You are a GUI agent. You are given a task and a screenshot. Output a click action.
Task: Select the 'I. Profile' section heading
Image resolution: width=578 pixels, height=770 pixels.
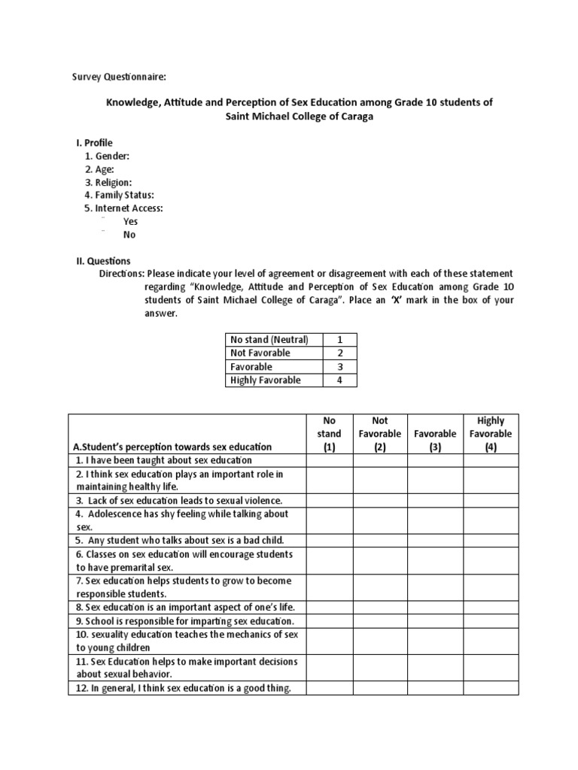[94, 142]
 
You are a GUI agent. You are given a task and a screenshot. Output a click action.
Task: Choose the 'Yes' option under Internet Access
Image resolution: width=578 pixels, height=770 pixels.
[130, 221]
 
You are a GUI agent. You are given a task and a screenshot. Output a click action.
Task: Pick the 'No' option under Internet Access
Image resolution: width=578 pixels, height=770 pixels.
[129, 235]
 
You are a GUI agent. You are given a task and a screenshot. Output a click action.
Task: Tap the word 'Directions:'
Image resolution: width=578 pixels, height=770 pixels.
[122, 274]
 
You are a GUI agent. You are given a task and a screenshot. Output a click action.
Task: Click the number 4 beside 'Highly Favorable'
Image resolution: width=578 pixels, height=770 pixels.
[340, 380]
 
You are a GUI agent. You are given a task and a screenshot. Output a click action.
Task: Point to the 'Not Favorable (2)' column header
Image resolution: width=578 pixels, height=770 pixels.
[379, 434]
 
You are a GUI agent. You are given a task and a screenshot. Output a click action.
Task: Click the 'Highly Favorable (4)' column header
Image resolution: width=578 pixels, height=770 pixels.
[490, 434]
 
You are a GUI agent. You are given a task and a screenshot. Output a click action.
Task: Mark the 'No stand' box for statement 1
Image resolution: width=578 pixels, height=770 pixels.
[329, 460]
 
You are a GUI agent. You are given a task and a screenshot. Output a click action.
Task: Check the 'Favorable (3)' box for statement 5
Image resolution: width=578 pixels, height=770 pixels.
[435, 540]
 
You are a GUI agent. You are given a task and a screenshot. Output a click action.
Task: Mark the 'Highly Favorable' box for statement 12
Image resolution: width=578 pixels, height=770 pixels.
[490, 688]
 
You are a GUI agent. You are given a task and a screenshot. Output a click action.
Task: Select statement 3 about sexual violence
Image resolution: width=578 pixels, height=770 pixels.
[178, 500]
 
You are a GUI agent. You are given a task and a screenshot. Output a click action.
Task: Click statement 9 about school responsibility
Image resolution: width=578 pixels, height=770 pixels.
[184, 621]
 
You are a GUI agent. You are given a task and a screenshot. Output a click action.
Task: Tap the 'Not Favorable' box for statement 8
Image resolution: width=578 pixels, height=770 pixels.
[379, 608]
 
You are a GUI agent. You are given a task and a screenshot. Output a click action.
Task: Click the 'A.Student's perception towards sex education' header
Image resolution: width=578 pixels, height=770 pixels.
[172, 447]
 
